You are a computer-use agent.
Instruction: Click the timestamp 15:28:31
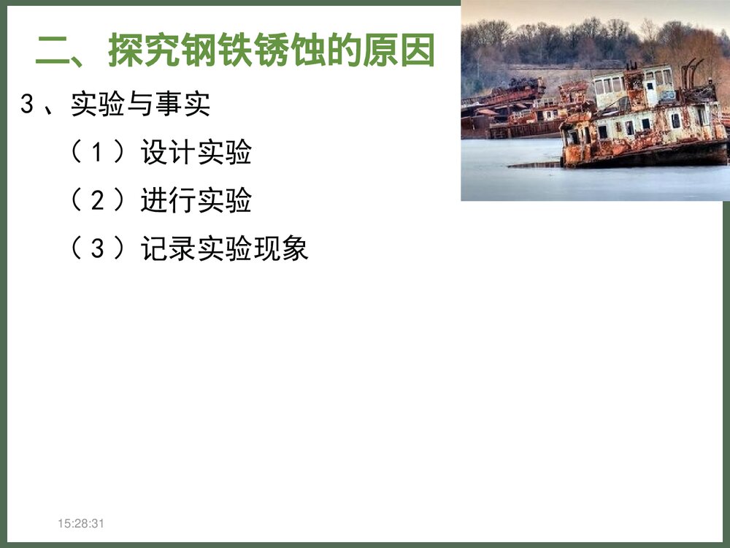click(x=82, y=523)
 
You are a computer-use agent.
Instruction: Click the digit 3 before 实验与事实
click(x=28, y=104)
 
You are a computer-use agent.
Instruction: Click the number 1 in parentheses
click(x=99, y=153)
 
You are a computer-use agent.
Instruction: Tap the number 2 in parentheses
click(x=99, y=200)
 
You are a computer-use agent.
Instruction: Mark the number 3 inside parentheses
click(x=99, y=248)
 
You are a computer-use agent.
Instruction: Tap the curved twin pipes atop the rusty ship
click(x=690, y=72)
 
